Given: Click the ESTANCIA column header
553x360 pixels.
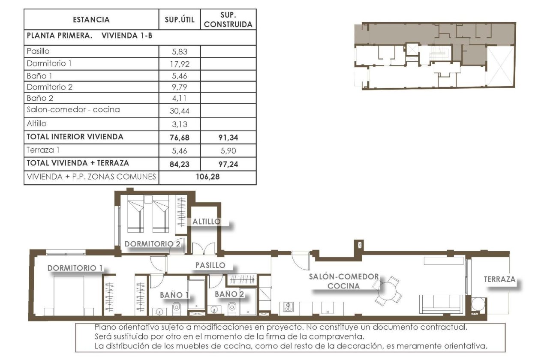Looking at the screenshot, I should click(91, 20).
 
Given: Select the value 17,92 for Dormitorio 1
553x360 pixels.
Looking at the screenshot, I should click(180, 64).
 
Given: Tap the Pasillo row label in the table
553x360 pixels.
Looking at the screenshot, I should click(38, 51).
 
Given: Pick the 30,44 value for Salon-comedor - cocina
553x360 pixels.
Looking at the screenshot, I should click(180, 111).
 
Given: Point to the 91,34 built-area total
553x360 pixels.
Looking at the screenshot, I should click(228, 138).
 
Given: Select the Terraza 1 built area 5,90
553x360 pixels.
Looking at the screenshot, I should click(228, 151).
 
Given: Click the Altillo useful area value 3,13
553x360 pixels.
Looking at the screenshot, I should click(180, 125).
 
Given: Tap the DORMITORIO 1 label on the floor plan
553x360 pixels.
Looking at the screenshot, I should click(75, 268).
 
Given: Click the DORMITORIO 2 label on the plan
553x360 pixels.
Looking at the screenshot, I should click(152, 244).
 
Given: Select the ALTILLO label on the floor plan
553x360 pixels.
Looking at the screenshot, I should click(206, 222).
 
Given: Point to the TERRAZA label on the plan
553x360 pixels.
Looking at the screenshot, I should click(499, 279).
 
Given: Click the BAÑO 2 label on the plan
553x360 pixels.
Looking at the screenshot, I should click(229, 294).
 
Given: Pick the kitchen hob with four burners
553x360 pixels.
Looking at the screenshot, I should click(287, 307).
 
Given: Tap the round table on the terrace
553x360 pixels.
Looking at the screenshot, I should click(477, 305).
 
